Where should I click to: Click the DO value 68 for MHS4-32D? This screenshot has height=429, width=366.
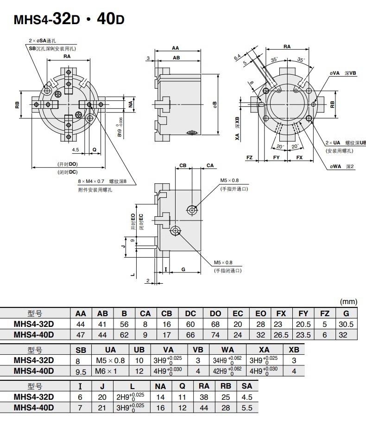coord(215,324)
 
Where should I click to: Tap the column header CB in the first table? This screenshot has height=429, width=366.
coord(166,313)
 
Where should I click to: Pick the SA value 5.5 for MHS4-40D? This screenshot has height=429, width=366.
coord(247,408)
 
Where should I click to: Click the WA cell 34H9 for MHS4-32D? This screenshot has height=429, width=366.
coord(227,360)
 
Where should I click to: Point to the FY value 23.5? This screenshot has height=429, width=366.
coord(303,335)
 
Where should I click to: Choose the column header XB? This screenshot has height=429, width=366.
coord(294,350)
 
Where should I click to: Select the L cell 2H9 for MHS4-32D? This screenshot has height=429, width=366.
coord(130,396)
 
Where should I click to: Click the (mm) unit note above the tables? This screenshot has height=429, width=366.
coord(348,301)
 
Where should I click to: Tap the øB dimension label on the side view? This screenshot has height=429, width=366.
coord(215,104)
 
